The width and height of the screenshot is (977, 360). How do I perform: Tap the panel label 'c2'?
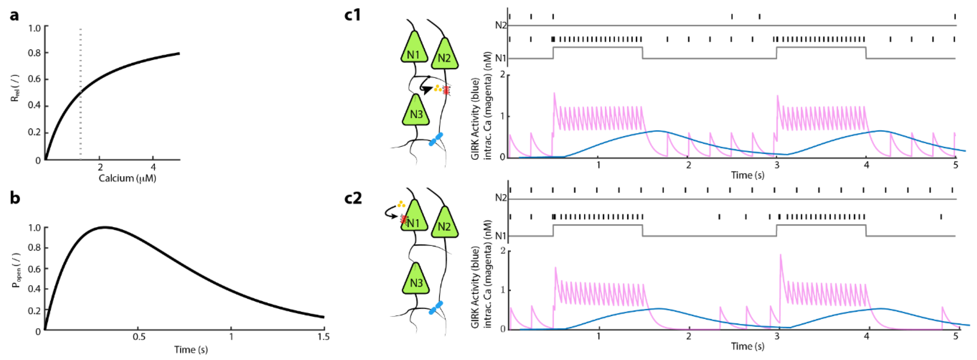pyautogui.click(x=352, y=198)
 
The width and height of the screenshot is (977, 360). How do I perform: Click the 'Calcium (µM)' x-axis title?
pyautogui.click(x=127, y=178)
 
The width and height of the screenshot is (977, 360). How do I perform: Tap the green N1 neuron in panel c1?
pyautogui.click(x=413, y=53)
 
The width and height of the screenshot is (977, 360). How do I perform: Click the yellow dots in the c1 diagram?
pyautogui.click(x=438, y=89)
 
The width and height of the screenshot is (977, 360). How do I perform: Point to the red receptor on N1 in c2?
pyautogui.click(x=404, y=219)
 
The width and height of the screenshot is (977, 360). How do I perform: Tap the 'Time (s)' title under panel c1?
pyautogui.click(x=747, y=175)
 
